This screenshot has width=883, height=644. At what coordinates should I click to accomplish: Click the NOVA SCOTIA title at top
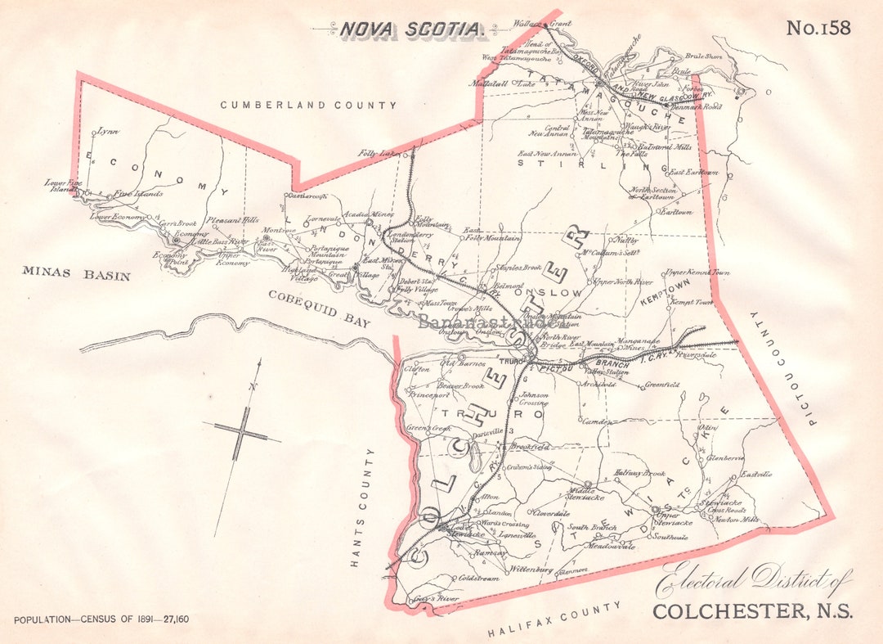coord(411,30)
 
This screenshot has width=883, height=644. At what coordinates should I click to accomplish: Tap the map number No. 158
coord(818,28)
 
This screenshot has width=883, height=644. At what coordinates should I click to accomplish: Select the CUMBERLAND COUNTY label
coord(308,105)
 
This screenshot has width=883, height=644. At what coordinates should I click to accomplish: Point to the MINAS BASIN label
coord(76,274)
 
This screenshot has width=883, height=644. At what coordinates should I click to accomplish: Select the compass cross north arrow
coord(242,434)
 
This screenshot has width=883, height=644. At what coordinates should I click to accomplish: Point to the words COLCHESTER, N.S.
coord(751,611)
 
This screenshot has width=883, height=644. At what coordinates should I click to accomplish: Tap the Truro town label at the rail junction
coord(512,361)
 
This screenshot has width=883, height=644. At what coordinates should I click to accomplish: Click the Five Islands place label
coord(138,194)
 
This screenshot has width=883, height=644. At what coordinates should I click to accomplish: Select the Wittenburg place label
coord(533,569)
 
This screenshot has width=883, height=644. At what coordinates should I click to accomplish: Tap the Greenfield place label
coord(662,385)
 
